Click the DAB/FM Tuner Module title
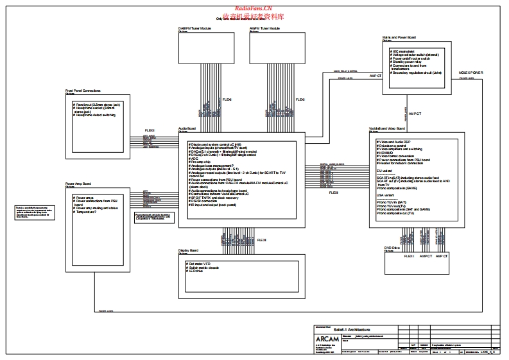[x=194, y=29]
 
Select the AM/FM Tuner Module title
[x=264, y=29]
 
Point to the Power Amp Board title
[x=77, y=184]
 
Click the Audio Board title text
[x=187, y=128]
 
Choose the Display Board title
[x=189, y=250]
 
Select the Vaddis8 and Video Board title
[x=387, y=128]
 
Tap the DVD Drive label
[x=392, y=247]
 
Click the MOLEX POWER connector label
[x=471, y=73]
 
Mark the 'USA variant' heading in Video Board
[x=386, y=194]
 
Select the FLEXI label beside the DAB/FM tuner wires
[x=228, y=99]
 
